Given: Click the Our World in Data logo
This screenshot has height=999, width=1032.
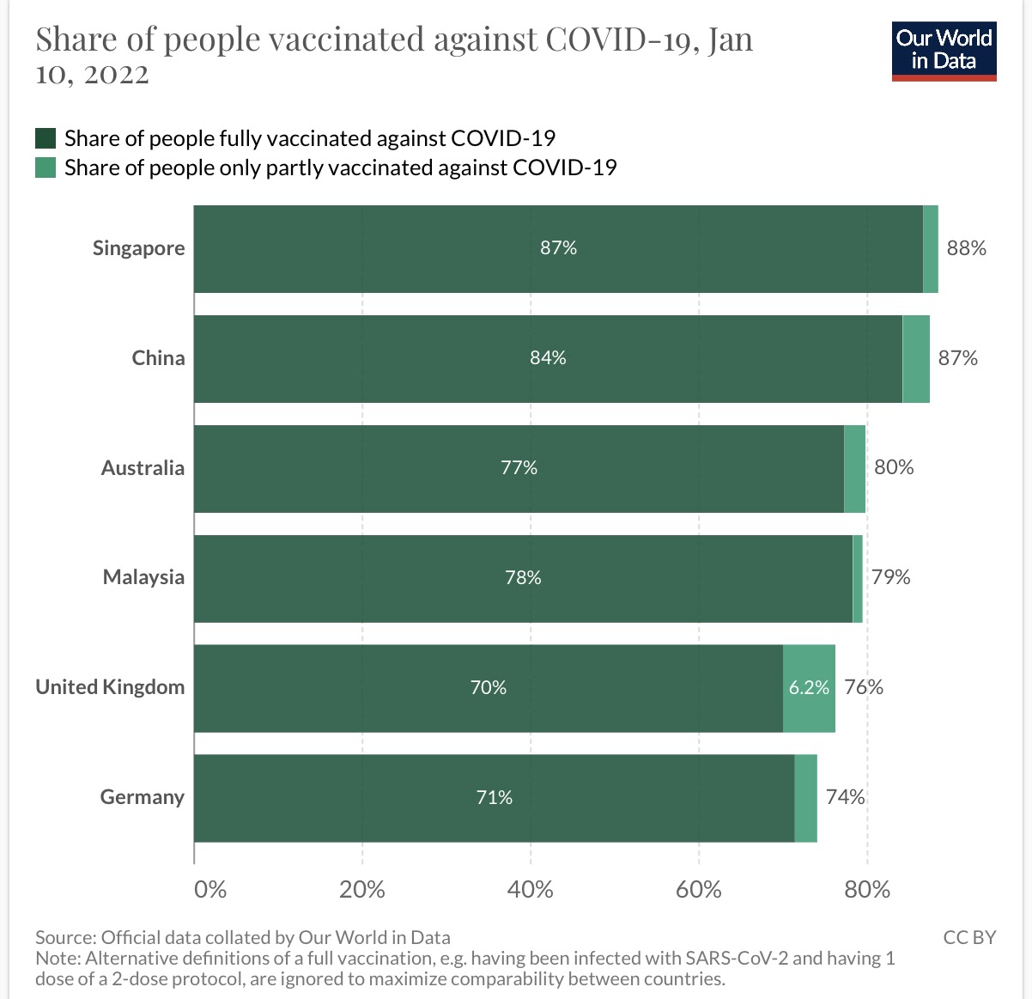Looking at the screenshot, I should coord(944,51).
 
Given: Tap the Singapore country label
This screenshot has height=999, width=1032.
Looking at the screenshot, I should coord(139,248).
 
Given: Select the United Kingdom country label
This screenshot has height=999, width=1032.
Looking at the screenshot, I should coord(110,687).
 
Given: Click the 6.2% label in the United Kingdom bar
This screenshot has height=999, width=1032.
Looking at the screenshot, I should coord(809,687).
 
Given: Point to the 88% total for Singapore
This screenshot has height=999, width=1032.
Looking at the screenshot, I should coord(966,248).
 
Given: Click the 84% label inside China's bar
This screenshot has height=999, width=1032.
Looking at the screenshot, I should coord(548,358).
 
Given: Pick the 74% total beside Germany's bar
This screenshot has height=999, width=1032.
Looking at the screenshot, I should coord(845,797).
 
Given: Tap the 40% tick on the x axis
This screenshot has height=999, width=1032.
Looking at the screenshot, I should coord(530,889).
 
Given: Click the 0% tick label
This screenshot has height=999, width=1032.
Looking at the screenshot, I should coord(210,889).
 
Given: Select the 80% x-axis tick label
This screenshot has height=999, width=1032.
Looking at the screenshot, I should coord(866,889).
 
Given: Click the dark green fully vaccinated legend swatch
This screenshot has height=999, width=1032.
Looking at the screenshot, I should coord(46,138).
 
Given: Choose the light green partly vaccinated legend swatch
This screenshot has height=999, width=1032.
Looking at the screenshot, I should coord(46,168).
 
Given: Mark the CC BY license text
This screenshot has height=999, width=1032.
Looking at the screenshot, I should coord(969,937).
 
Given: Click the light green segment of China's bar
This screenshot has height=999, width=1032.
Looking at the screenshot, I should coord(916,358).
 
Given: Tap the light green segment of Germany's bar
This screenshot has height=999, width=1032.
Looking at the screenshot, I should coord(805,797).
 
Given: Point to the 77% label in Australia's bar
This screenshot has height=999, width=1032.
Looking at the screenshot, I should coord(519,468).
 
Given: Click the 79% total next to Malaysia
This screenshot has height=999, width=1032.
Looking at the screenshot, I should coord(890,577).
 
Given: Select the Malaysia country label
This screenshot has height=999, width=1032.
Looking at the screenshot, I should coord(143,577).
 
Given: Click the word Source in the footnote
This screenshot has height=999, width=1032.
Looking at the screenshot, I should coord(64,937).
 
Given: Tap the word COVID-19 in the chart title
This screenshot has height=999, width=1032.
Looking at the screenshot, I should coord(618,40).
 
